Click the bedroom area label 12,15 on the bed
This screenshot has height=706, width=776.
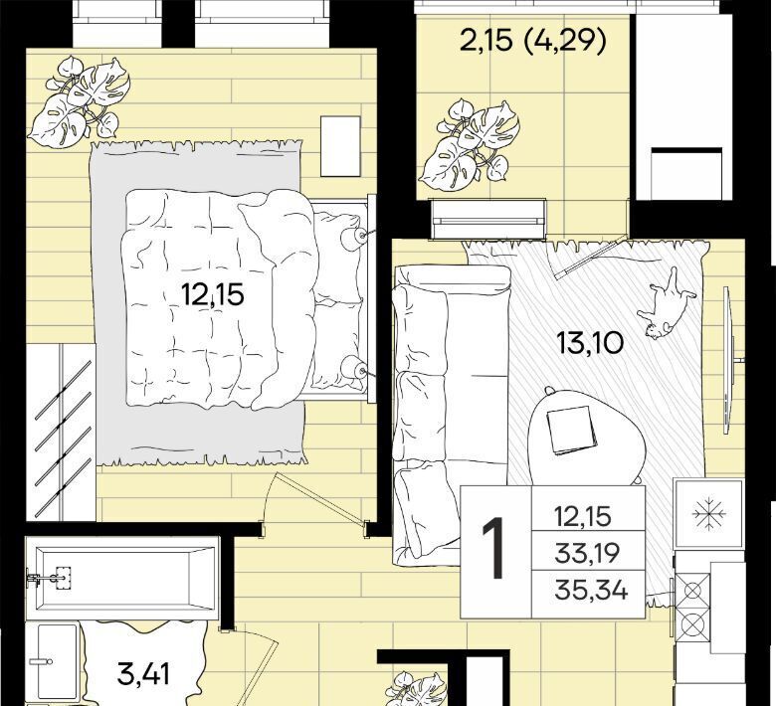point(213,295)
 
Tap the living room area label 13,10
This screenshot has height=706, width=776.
point(589,342)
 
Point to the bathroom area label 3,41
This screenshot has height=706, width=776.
point(143,674)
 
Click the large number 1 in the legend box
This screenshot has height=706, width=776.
point(493,548)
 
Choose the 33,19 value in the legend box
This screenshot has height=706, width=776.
point(587,553)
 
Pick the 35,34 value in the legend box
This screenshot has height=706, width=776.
point(591,590)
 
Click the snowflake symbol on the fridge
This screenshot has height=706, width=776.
point(708,514)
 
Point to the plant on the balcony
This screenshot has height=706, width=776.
point(469,142)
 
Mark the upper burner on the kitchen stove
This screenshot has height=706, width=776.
point(692,591)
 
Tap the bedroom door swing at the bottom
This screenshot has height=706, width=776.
point(316,501)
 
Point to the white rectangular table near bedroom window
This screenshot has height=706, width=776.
point(340,146)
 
